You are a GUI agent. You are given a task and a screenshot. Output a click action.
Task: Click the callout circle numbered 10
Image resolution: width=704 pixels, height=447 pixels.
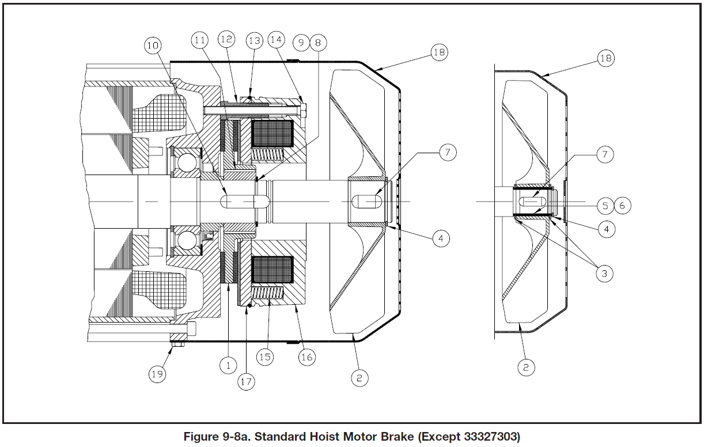point(154,46)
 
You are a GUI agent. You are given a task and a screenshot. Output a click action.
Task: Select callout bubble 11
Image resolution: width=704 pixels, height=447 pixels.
point(200,41)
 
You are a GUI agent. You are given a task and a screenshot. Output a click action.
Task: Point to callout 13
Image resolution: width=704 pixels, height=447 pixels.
point(254,40)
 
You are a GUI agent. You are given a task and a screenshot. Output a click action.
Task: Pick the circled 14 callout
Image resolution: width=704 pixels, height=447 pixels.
point(277,40)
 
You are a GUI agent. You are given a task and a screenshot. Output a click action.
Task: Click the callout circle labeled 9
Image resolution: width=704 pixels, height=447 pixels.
point(300,42)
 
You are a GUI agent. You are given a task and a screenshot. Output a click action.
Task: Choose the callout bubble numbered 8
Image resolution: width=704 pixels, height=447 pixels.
point(317,42)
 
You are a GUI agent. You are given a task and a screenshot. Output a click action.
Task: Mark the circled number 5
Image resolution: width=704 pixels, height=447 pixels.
point(605,205)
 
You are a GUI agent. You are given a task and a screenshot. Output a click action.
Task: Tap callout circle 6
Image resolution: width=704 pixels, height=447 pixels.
point(622,205)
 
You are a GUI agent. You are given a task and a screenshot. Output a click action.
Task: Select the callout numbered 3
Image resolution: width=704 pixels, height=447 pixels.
point(604,274)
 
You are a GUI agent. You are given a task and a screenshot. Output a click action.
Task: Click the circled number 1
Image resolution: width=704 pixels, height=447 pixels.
point(228,364)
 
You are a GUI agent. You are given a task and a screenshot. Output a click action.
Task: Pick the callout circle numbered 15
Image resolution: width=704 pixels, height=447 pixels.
point(265,357)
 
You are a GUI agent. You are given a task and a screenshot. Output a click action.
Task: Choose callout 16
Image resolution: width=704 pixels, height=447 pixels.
point(306,357)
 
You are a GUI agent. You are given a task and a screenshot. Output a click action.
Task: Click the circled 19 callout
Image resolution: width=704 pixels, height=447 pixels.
point(157,374)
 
